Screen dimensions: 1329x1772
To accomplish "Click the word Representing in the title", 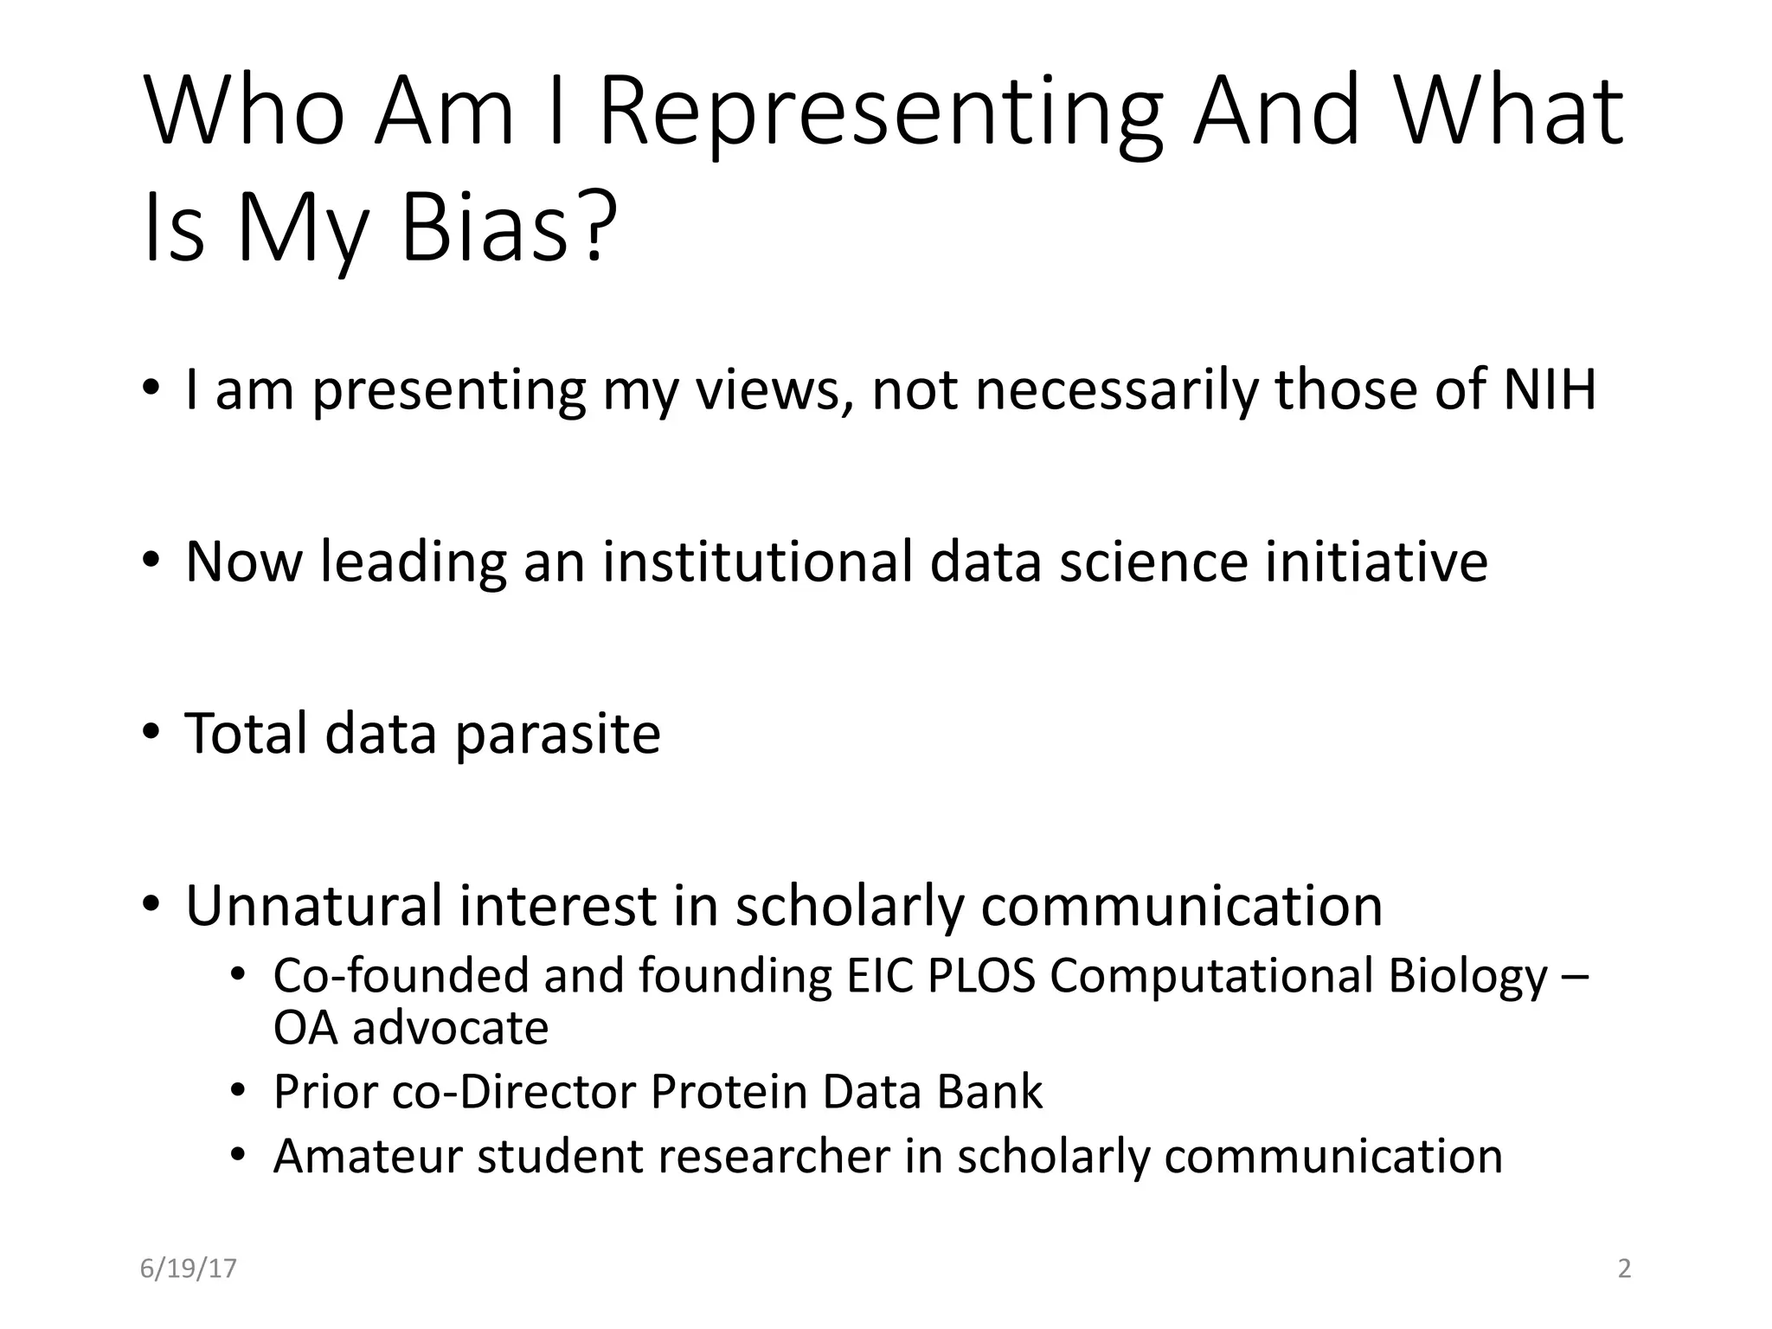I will tap(881, 112).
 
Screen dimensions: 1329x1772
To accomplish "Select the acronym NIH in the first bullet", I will tap(1549, 389).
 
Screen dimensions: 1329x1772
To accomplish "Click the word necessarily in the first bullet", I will tap(1116, 391).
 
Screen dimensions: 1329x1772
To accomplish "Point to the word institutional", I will tap(757, 562).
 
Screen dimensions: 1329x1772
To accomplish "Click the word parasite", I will tap(557, 735).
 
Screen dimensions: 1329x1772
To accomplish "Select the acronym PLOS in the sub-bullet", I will tap(981, 976).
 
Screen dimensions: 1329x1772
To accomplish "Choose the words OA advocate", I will tap(411, 1028).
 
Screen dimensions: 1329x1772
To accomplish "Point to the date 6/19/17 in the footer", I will tap(188, 1268).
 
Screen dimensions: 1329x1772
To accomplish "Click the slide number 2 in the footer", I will tap(1624, 1268).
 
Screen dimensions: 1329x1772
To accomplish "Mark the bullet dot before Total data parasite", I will tap(151, 732).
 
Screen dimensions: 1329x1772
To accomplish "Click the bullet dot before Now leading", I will tap(151, 560).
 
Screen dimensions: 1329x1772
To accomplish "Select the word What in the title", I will tap(1509, 112).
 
